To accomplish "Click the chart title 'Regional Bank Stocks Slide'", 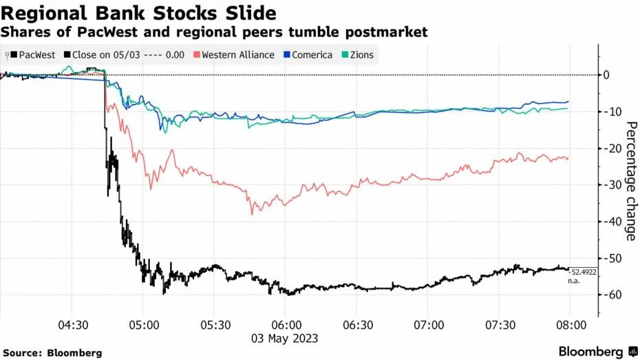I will point(139,12).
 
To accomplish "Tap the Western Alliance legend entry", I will point(237,54).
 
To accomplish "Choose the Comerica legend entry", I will point(311,54).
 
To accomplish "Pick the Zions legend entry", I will point(361,54).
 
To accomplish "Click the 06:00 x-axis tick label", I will point(286,324).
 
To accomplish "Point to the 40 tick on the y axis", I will point(606,221).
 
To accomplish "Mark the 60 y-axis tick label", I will point(606,295).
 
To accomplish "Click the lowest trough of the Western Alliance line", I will point(252,214).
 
